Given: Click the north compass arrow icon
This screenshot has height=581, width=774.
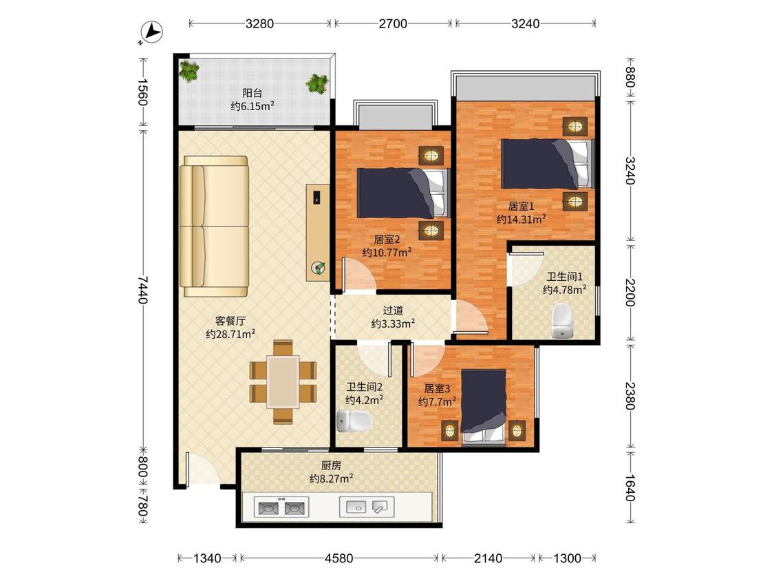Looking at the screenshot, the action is click(x=151, y=32).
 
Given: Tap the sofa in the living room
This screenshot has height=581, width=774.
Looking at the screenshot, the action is click(x=214, y=226).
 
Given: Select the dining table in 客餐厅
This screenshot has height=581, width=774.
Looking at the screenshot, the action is click(x=283, y=381).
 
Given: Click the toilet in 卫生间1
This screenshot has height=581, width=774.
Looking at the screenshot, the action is click(x=561, y=321).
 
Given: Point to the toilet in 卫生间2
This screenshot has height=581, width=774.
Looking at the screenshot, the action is click(x=354, y=421).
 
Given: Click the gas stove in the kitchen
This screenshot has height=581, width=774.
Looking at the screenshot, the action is click(x=281, y=507).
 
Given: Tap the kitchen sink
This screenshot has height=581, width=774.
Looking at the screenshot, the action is click(x=367, y=507).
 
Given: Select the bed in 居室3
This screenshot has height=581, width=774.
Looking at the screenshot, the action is click(x=483, y=408).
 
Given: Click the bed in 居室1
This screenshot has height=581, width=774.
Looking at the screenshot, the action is click(x=548, y=164).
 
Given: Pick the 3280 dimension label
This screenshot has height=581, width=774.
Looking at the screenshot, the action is click(x=259, y=23).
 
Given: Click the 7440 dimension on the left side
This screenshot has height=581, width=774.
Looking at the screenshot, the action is click(x=142, y=289).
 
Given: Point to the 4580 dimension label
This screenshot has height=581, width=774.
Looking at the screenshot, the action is click(x=338, y=558).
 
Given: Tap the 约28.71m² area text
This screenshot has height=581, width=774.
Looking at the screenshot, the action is click(x=230, y=334).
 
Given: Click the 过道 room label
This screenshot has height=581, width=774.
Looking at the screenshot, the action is click(x=393, y=310).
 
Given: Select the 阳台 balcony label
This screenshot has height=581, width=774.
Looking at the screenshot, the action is click(x=252, y=93).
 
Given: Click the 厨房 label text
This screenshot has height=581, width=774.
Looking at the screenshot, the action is click(x=331, y=465).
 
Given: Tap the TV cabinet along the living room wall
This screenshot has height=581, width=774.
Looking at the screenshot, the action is click(x=318, y=233).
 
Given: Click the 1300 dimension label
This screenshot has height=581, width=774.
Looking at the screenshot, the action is click(x=567, y=558).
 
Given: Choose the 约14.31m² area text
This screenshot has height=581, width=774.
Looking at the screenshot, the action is click(x=522, y=219).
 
